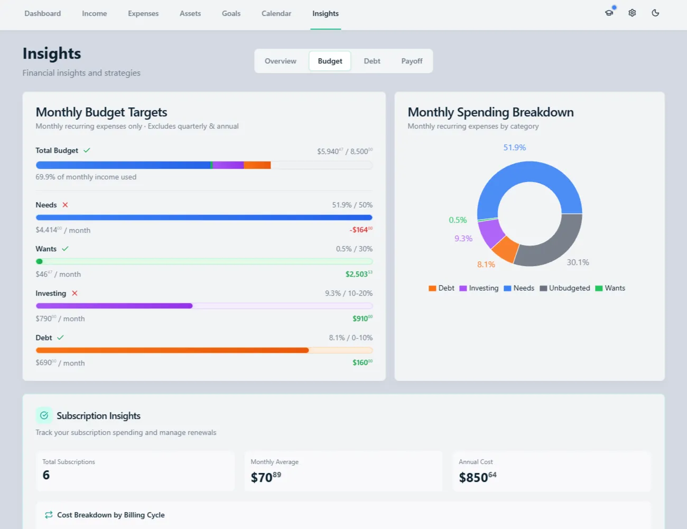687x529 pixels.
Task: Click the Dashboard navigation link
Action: pos(42,14)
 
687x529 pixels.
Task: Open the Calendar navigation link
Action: pos(276,14)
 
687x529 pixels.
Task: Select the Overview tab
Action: pos(280,61)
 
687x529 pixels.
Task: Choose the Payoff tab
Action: pos(412,61)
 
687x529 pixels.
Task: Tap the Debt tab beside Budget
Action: pos(372,61)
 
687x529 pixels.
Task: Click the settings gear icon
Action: pos(632,13)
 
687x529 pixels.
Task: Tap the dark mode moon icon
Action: pos(655,13)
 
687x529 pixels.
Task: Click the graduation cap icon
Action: pos(609,13)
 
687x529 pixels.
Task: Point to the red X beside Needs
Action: pos(65,205)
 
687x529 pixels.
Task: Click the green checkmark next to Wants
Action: pos(65,249)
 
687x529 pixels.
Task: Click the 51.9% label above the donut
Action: pos(514,148)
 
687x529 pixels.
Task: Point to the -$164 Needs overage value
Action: pos(360,230)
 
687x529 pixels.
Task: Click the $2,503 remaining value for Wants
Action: pos(358,274)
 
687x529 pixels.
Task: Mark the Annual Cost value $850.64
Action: pos(477,478)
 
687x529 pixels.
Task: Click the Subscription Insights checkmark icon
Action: pos(44,416)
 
